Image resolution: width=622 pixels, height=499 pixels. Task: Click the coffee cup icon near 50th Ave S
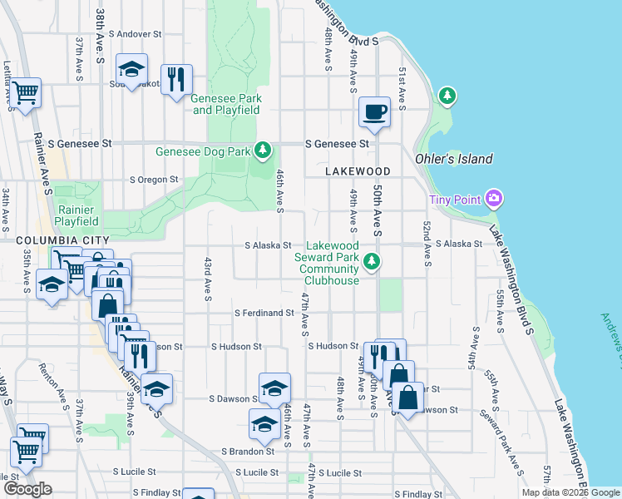374,111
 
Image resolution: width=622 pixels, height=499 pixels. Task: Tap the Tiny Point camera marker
494,199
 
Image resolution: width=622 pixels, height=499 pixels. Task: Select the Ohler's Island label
454,159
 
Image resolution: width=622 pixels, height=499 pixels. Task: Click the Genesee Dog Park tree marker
264,150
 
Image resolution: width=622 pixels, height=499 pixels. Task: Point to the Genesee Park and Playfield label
226,104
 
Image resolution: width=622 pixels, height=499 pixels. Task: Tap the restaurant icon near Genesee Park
175,80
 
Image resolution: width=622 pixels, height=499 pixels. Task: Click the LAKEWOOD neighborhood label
358,170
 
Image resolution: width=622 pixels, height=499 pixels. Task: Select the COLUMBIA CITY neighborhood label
52,240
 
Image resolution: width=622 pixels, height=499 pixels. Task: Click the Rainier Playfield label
77,215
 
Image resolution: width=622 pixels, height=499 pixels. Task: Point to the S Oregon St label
154,179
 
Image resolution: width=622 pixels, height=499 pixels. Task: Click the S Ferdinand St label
264,314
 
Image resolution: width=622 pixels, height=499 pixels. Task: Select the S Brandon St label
248,452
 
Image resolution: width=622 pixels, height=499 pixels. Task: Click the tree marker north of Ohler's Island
448,96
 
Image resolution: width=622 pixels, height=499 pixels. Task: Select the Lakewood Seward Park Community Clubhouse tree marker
373,262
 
